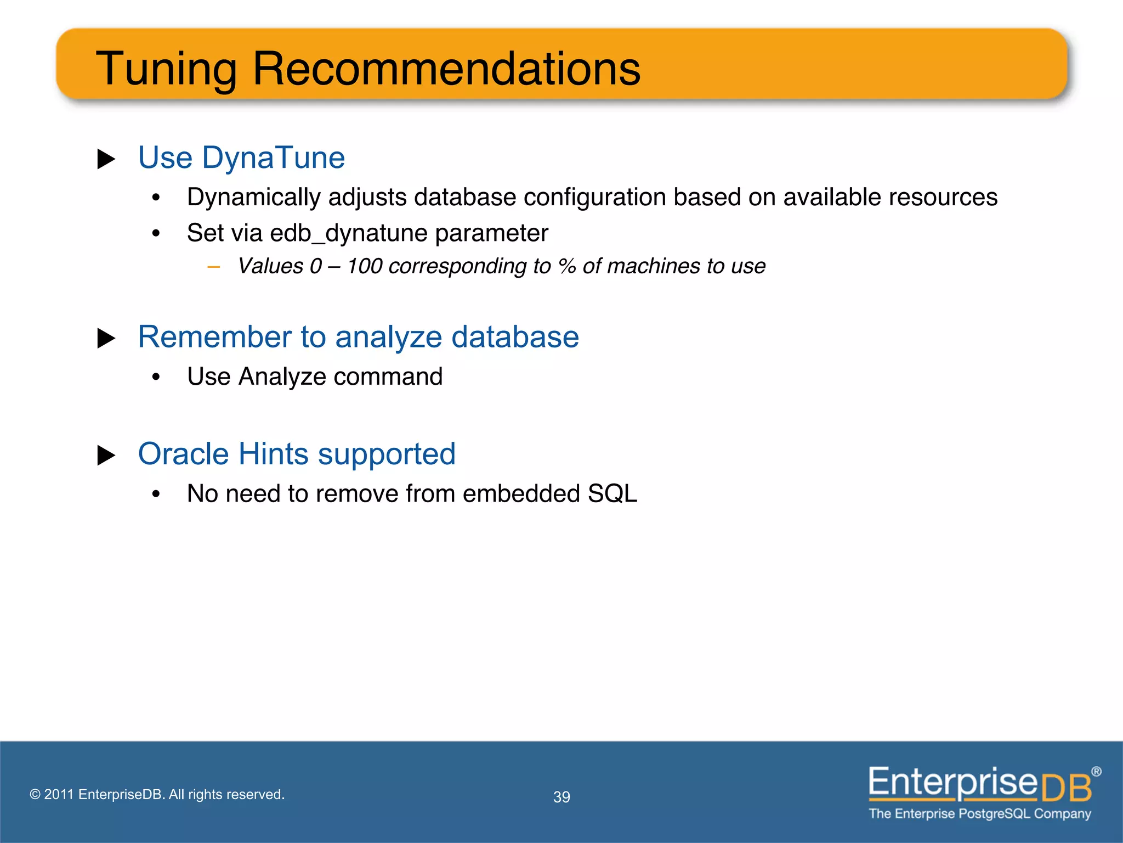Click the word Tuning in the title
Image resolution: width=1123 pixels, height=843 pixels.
[x=166, y=70]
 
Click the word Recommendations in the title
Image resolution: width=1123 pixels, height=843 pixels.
[x=446, y=69]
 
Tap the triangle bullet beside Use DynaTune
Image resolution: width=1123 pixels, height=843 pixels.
[x=106, y=159]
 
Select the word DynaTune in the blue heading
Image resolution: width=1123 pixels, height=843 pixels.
[x=273, y=158]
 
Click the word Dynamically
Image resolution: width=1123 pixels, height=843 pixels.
[x=253, y=198]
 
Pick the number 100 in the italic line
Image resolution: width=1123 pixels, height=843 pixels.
[x=365, y=266]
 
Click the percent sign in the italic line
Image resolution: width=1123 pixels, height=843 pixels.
[x=566, y=266]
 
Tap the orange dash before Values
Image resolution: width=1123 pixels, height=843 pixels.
[x=214, y=267]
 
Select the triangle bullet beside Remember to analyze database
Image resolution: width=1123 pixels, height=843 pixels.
[x=106, y=338]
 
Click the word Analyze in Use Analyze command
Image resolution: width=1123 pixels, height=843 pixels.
[x=282, y=377]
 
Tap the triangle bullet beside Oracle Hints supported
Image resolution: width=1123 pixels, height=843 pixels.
[x=106, y=456]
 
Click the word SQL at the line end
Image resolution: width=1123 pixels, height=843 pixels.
[x=612, y=494]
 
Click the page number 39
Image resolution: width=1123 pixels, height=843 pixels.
[x=561, y=797]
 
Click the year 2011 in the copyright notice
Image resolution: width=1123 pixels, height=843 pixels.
[x=59, y=795]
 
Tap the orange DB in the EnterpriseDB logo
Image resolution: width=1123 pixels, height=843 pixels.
[x=1066, y=789]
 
